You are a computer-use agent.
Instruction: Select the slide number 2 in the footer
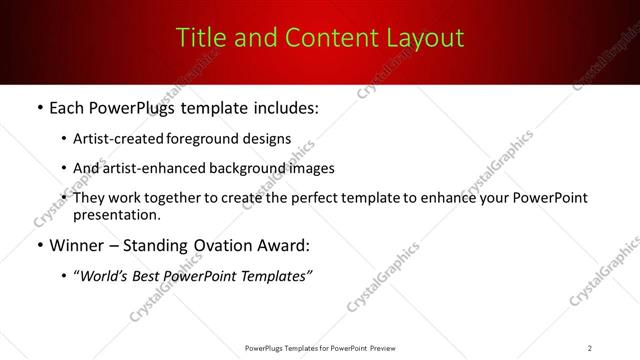pyautogui.click(x=590, y=347)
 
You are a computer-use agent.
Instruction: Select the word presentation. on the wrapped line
pyautogui.click(x=116, y=215)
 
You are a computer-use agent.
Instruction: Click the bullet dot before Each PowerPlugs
pyautogui.click(x=39, y=108)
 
